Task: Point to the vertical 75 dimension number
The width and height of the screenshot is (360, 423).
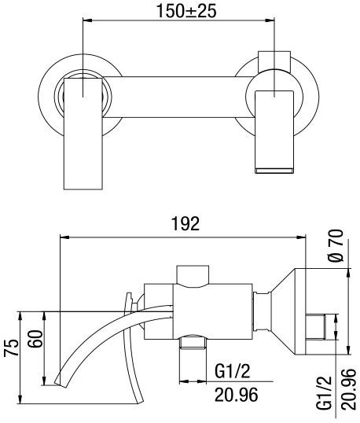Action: [x=11, y=348]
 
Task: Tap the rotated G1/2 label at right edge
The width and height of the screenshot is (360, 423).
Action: [x=325, y=392]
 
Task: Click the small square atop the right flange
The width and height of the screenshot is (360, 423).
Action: [x=274, y=61]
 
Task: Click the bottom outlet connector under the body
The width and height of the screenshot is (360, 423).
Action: [x=193, y=343]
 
